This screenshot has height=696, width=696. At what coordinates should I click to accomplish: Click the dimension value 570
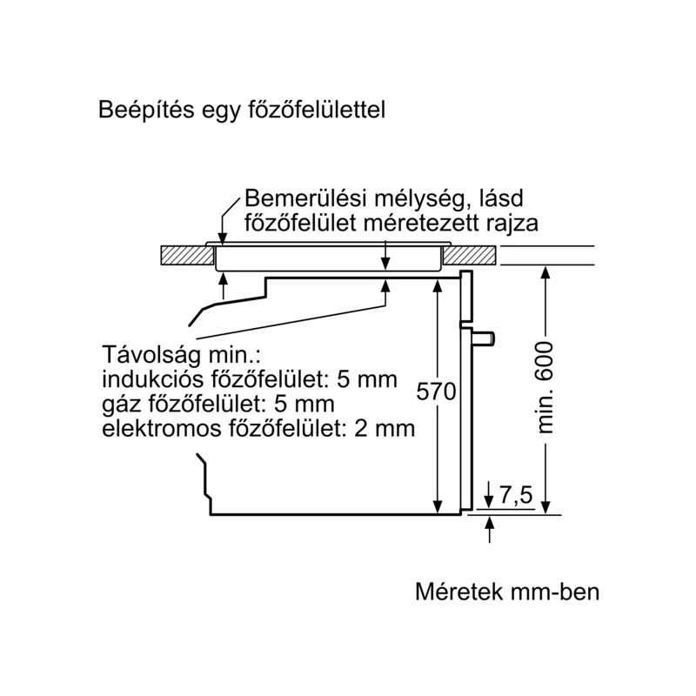tap(437, 392)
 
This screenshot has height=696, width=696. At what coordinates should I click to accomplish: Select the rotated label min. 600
tap(545, 387)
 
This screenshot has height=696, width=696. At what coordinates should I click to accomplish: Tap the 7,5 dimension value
tap(516, 494)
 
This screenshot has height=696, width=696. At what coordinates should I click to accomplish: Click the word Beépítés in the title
tap(146, 110)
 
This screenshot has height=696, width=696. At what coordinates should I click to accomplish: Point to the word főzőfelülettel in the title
tap(317, 110)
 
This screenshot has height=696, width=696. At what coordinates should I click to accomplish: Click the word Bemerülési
tap(305, 198)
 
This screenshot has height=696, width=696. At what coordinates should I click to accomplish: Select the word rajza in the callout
tap(512, 224)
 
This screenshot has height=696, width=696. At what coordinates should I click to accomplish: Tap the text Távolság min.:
tap(181, 355)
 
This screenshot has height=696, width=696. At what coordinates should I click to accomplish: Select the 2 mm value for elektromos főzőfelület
tap(385, 429)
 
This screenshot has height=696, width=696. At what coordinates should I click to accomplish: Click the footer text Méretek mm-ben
tap(507, 592)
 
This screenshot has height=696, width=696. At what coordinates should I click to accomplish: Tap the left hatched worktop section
tap(187, 255)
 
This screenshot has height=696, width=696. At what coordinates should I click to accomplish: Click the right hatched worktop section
tap(470, 255)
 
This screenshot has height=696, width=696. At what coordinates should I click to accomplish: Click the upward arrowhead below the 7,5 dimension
tap(489, 522)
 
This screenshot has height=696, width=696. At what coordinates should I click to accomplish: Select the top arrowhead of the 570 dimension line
tap(438, 286)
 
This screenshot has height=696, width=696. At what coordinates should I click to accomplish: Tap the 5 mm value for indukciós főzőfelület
tap(366, 379)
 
